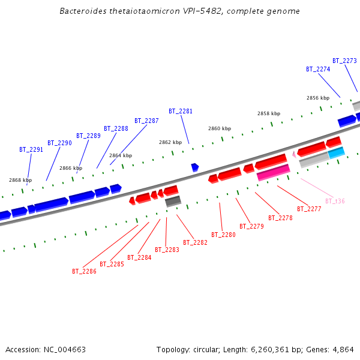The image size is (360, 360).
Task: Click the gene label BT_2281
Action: [181, 111]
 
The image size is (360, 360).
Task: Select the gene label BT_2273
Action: [344, 61]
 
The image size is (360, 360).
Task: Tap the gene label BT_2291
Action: [31, 149]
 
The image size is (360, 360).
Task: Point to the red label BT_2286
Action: [84, 271]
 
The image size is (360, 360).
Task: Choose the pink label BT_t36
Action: [335, 201]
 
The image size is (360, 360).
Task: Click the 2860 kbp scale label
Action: [219, 128]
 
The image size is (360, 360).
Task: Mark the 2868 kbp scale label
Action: [20, 180]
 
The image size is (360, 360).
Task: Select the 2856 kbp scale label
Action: [317, 98]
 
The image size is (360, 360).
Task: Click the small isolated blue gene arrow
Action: [194, 167]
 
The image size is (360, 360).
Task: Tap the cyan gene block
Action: [336, 152]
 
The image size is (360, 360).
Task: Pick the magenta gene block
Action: [274, 172]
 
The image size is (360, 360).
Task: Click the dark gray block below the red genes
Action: [173, 201]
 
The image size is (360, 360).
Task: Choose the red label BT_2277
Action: [309, 209]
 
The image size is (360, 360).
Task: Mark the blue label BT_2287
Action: [146, 121]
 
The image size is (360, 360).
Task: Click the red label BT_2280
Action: [223, 235]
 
